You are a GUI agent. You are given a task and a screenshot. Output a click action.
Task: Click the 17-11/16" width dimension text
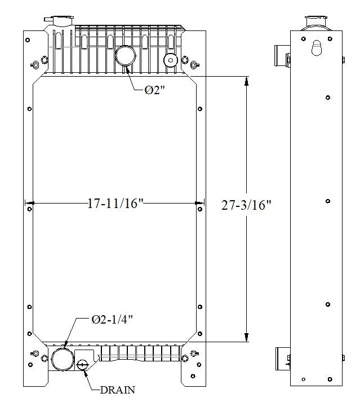point(115,204)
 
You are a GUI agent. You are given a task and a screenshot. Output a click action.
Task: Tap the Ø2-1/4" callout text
point(113,320)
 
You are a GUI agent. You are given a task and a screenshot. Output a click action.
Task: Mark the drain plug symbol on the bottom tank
point(83,365)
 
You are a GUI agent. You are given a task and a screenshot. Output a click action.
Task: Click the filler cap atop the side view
point(314,23)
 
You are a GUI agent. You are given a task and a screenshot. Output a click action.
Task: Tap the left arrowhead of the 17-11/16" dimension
point(29,203)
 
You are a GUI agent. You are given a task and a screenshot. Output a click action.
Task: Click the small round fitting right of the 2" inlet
point(169,60)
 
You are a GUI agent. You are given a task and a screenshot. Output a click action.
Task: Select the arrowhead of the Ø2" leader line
point(127,69)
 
